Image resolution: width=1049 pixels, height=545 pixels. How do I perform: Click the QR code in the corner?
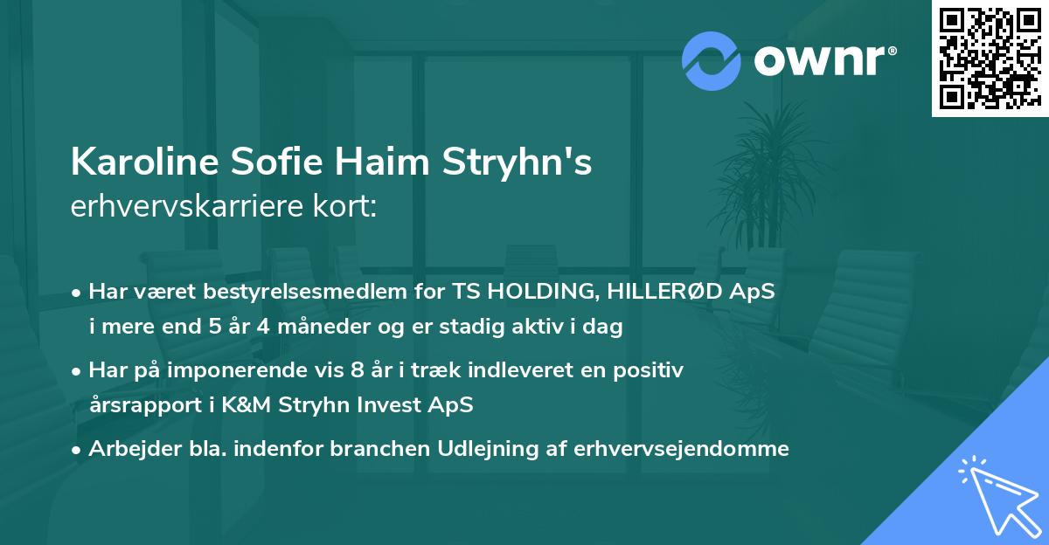[989, 58]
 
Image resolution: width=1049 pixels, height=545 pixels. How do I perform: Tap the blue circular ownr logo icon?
[712, 61]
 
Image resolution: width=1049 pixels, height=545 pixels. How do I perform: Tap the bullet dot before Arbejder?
[78, 450]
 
